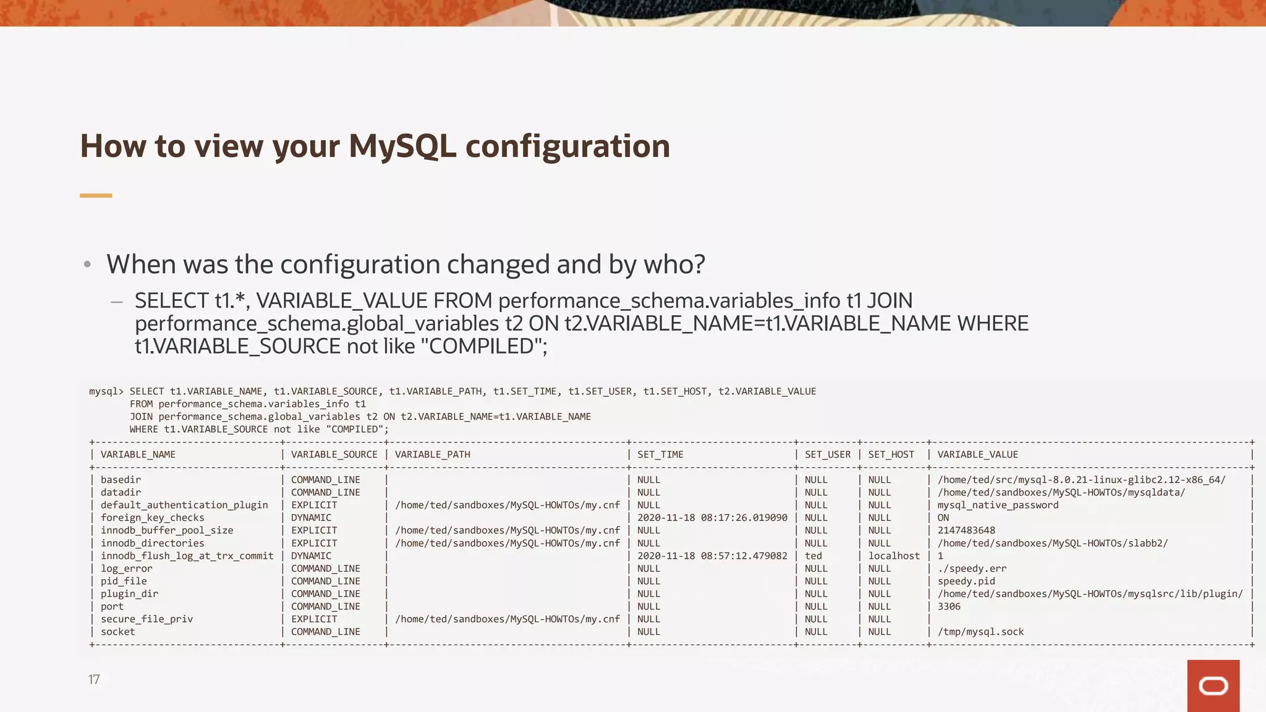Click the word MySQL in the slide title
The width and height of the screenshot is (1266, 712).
coord(402,147)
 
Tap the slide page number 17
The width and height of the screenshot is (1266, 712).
coord(94,680)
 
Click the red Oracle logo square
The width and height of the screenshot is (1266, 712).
coord(1213,685)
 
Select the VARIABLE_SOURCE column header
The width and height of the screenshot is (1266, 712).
coord(334,455)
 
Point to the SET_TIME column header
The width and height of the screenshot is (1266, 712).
coord(660,455)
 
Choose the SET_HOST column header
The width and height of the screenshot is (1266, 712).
coord(891,455)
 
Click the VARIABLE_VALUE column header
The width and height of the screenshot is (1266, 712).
coord(977,455)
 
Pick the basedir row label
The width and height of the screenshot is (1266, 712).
coord(121,480)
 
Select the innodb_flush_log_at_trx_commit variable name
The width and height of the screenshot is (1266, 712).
coord(187,556)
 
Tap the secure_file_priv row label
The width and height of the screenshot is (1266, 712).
coord(147,619)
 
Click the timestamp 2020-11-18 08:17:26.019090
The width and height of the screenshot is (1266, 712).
coord(712,518)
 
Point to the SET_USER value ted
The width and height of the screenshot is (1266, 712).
coord(813,556)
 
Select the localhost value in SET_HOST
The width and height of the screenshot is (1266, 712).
coord(894,556)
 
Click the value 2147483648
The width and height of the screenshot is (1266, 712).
coord(966,531)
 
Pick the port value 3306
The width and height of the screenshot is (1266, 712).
coord(949,607)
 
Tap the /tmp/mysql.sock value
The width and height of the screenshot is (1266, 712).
coord(980,632)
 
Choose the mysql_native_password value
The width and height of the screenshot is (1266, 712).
coord(998,506)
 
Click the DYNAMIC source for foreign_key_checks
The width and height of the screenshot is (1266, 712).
coord(311,518)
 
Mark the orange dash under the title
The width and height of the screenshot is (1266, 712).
coord(96,195)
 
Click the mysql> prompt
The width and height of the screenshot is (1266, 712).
coord(106,392)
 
